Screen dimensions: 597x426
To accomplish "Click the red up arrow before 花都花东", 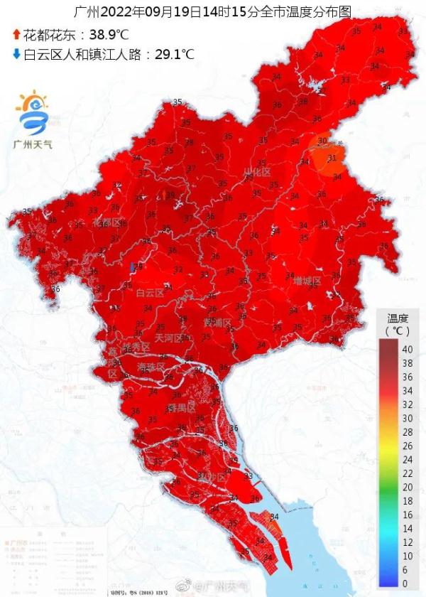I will pos(16,34).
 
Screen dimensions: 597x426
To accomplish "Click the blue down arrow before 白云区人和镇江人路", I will pos(16,53).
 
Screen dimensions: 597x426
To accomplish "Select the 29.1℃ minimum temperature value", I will pos(171,53).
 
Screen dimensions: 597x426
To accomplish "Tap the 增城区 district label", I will pos(307,281).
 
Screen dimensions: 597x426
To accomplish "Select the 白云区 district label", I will pos(150,292).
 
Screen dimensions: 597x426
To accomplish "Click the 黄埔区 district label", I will pos(217,323).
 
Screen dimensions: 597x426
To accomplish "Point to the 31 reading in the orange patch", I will pos(332,158).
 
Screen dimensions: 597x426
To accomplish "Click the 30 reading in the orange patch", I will pos(322,141).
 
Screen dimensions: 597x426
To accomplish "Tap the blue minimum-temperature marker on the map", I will pos(133,267).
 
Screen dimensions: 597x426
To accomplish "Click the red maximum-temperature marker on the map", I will pos(163,193).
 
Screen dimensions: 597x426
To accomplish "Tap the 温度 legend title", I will pos(398,318).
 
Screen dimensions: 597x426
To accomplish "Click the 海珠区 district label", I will pos(150,366).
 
